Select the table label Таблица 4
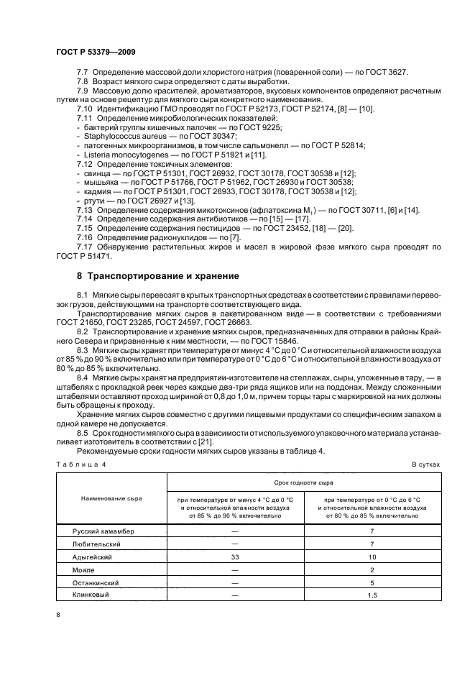[80, 464]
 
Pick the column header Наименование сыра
[111, 498]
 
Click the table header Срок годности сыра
[304, 485]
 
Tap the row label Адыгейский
[91, 557]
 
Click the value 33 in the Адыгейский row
[235, 557]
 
